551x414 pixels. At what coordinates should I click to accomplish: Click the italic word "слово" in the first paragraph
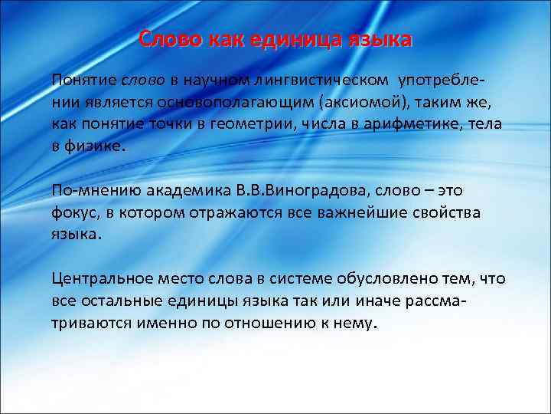[139, 80]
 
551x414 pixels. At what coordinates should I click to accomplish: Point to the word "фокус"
[74, 212]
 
